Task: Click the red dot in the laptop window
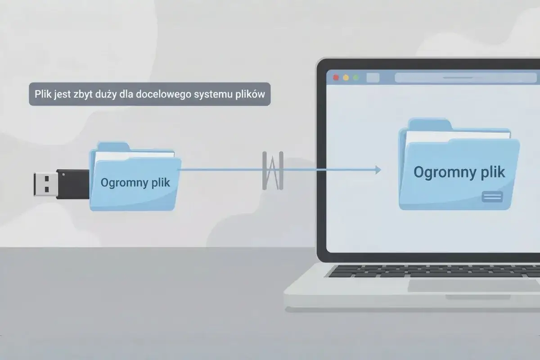336,77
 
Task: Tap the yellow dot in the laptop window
346,77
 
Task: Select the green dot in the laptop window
356,77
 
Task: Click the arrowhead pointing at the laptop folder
377,170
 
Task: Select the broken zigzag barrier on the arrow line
273,170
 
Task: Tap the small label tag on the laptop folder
492,196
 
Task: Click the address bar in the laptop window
463,77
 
